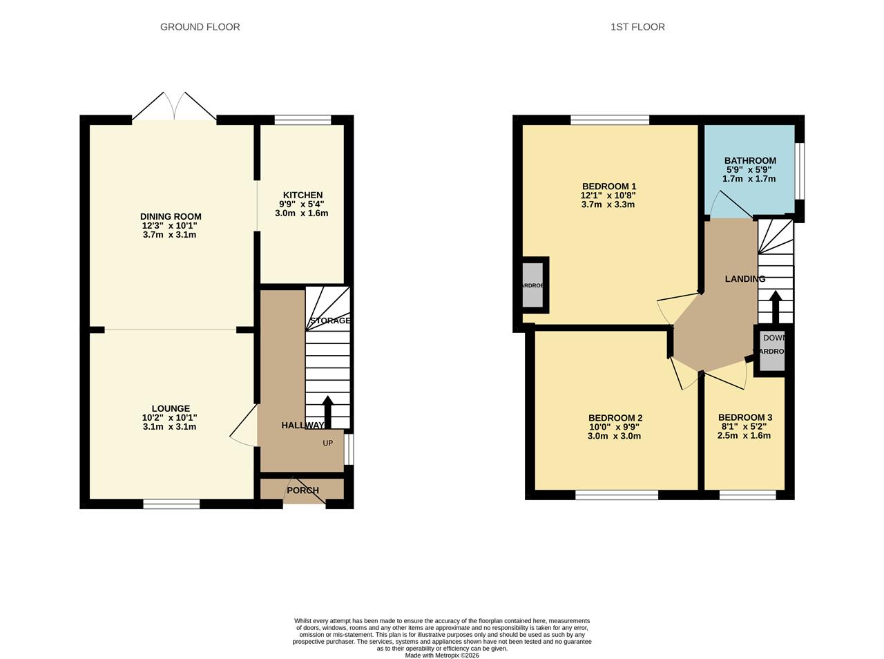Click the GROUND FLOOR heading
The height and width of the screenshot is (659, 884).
click(200, 27)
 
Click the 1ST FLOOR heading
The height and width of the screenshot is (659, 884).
click(637, 27)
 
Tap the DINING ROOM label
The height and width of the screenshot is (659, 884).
click(171, 217)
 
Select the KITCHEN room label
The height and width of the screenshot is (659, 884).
click(302, 195)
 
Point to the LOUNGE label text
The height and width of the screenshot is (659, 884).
click(171, 409)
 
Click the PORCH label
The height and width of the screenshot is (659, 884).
click(302, 490)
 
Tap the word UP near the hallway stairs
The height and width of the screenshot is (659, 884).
click(328, 443)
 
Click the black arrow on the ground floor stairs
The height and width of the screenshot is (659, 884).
click(327, 412)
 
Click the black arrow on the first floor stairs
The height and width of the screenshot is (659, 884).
click(775, 307)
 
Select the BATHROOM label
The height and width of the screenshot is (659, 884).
click(750, 161)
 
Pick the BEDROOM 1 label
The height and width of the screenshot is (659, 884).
click(608, 187)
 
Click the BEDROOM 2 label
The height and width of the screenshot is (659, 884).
click(615, 418)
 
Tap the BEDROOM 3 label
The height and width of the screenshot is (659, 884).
click(744, 417)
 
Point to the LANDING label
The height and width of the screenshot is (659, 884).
click(744, 279)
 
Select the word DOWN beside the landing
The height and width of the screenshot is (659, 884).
click(773, 338)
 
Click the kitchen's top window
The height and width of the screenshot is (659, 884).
click(302, 120)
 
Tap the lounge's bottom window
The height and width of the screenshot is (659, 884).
click(171, 504)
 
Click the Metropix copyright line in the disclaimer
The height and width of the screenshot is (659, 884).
click(441, 656)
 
